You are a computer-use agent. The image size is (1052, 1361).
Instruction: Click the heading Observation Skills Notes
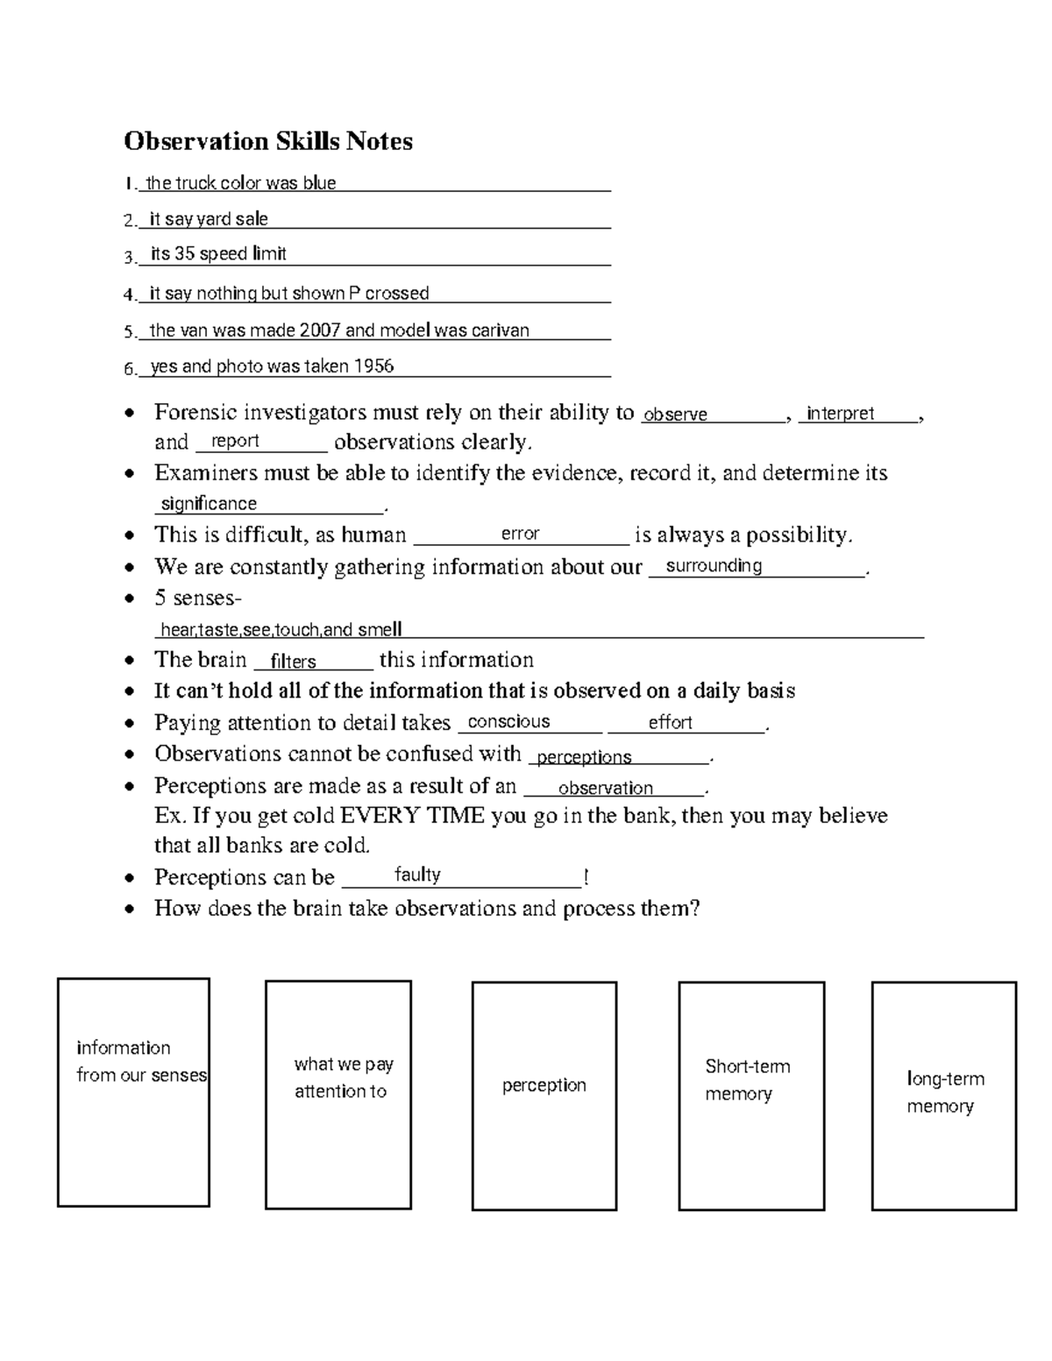tap(267, 141)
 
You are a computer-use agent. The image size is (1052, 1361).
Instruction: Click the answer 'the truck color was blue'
tap(241, 183)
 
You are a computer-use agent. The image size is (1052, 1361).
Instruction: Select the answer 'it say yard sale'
tap(209, 219)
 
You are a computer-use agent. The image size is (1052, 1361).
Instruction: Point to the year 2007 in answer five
tap(319, 330)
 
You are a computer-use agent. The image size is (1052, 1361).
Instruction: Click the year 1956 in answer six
tap(373, 366)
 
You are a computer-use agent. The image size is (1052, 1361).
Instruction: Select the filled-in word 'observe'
tap(675, 415)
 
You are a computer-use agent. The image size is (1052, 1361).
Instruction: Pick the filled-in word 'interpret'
tap(840, 414)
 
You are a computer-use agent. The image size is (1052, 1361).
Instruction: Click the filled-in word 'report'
tap(235, 441)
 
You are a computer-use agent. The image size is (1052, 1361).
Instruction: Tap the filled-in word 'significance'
tap(209, 504)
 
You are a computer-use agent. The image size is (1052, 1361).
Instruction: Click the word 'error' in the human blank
tap(520, 534)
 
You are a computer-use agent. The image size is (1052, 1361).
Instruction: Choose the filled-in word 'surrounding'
tap(714, 566)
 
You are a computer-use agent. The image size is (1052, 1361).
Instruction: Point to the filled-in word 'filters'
tap(293, 662)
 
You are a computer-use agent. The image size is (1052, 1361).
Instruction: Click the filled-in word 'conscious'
tap(508, 722)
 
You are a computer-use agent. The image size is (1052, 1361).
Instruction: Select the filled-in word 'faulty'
tap(417, 875)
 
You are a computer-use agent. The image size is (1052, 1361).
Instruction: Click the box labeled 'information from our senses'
tap(133, 1092)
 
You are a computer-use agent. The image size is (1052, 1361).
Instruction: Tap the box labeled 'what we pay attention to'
tap(338, 1095)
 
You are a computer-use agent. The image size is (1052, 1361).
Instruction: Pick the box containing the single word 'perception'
tap(544, 1095)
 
